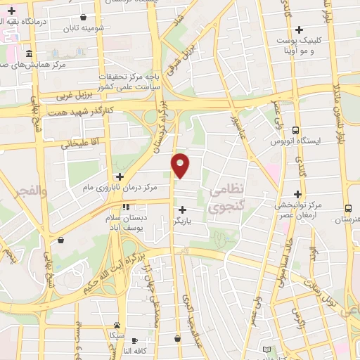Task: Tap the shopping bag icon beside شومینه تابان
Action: pyautogui.click(x=84, y=17)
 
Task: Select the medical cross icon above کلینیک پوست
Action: pyautogui.click(x=300, y=30)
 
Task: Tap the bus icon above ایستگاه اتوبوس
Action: pyautogui.click(x=295, y=130)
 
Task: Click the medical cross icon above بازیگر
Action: pyautogui.click(x=183, y=209)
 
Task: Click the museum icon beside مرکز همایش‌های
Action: pyautogui.click(x=28, y=54)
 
